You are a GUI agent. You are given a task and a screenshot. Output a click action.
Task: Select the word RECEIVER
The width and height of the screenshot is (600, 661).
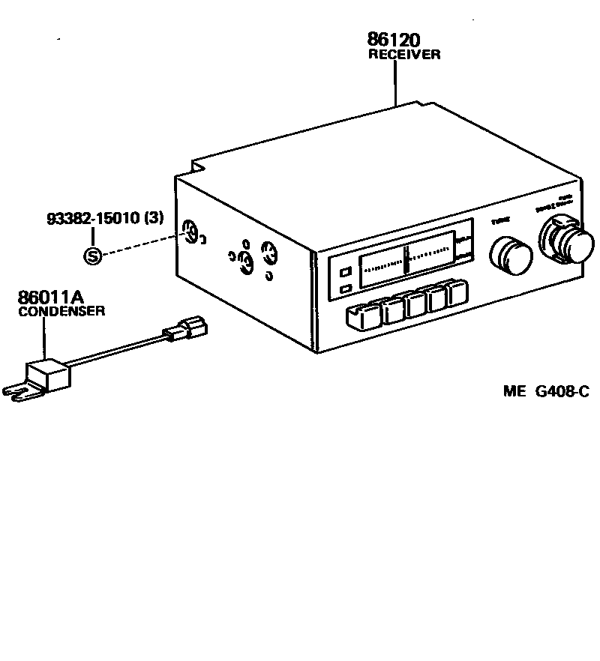point(403,55)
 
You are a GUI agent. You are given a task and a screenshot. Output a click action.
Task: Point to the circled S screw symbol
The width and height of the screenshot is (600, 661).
point(91,257)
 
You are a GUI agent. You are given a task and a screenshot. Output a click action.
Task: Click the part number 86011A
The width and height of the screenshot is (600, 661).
point(51,298)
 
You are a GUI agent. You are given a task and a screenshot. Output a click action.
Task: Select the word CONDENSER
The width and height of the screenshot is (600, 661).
point(61,311)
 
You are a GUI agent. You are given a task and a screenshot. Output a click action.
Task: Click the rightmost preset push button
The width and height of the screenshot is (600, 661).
point(457,293)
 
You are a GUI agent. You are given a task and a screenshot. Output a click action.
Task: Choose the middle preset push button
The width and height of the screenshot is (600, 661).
point(415,304)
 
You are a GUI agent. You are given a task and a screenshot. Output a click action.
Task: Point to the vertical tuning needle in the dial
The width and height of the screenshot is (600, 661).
point(405,259)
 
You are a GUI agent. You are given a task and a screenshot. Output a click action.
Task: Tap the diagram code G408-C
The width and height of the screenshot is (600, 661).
point(562,391)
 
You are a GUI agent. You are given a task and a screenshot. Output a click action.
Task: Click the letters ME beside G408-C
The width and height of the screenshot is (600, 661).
point(515,391)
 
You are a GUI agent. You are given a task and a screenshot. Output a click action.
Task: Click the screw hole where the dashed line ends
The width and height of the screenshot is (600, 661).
point(191,235)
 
